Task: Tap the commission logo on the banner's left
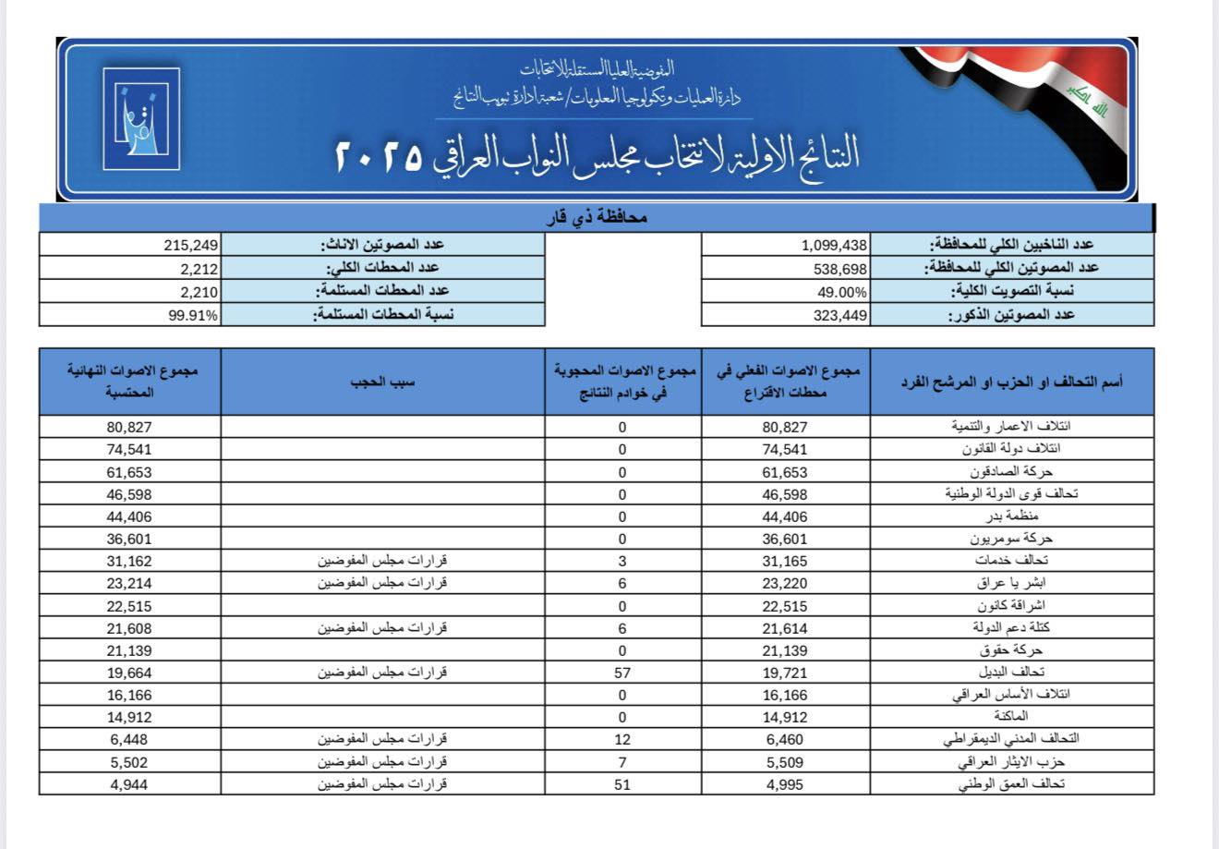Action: (x=141, y=117)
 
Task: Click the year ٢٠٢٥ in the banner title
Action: (x=375, y=153)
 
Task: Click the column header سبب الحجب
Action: (x=383, y=382)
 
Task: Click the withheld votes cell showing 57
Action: (x=622, y=673)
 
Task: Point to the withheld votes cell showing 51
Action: (x=622, y=784)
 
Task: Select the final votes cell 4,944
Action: (x=130, y=784)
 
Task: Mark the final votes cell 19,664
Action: (x=130, y=673)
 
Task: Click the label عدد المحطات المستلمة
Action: (x=383, y=292)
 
